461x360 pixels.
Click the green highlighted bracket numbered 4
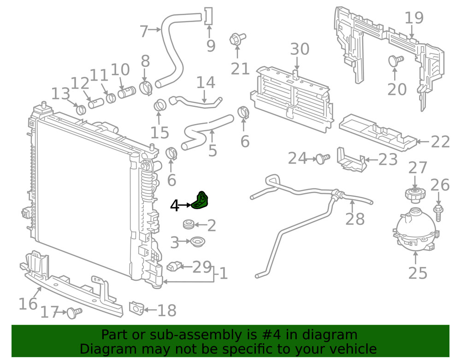point(200,200)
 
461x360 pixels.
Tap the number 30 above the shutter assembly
point(300,49)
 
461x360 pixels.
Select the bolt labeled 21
point(237,40)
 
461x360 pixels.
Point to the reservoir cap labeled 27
point(414,195)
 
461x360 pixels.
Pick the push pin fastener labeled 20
point(396,61)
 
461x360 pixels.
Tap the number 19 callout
point(414,18)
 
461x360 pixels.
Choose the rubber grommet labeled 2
point(188,224)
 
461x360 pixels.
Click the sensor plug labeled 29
point(173,266)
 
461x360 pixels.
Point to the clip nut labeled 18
point(136,308)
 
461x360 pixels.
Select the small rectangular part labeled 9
point(208,16)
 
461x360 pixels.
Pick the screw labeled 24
point(323,159)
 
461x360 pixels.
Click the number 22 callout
point(440,142)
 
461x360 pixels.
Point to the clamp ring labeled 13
point(81,109)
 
